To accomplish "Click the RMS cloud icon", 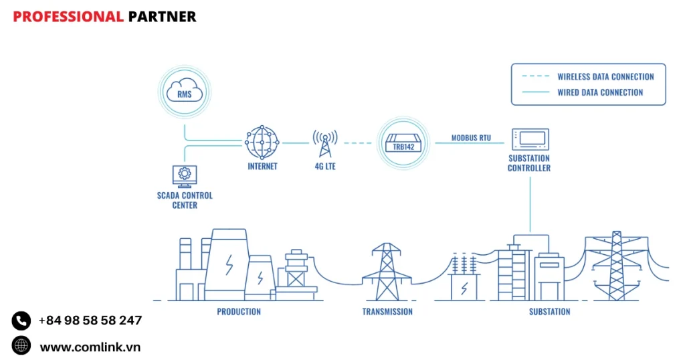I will [x=185, y=92].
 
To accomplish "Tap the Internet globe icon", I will [x=262, y=142].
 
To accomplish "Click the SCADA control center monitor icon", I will [x=184, y=176].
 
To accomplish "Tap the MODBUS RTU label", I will [x=471, y=138].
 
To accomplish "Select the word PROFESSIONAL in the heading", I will [x=68, y=17].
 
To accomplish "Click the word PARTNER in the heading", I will [x=162, y=17].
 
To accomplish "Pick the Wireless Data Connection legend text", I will [x=605, y=77].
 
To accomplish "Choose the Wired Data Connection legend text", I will [x=600, y=92].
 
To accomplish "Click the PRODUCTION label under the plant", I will [x=239, y=312].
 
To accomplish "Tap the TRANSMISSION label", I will [x=387, y=312].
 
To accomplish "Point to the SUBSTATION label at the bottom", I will [x=549, y=312].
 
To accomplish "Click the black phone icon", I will [x=21, y=321].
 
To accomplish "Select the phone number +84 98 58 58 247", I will [x=90, y=321].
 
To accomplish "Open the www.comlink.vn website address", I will [x=90, y=347].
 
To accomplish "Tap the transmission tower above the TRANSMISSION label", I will [x=387, y=271].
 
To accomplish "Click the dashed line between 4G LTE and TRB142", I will [x=357, y=143].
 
